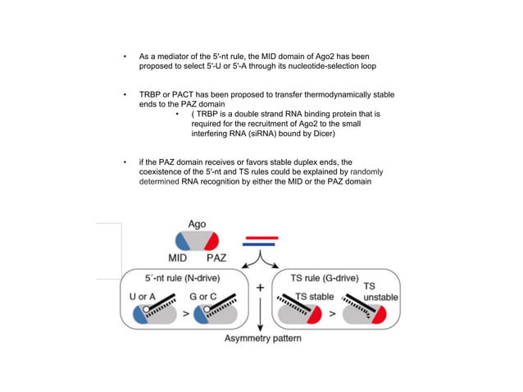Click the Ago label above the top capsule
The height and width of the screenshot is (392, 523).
pos(197,224)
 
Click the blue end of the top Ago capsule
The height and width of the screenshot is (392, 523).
pos(182,240)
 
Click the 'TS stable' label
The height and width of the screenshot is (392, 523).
pos(315,296)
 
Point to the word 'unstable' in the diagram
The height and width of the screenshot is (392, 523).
pos(380,296)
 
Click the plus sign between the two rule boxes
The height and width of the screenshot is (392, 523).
pos(260,289)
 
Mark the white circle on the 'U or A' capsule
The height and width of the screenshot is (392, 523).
pos(146,309)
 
